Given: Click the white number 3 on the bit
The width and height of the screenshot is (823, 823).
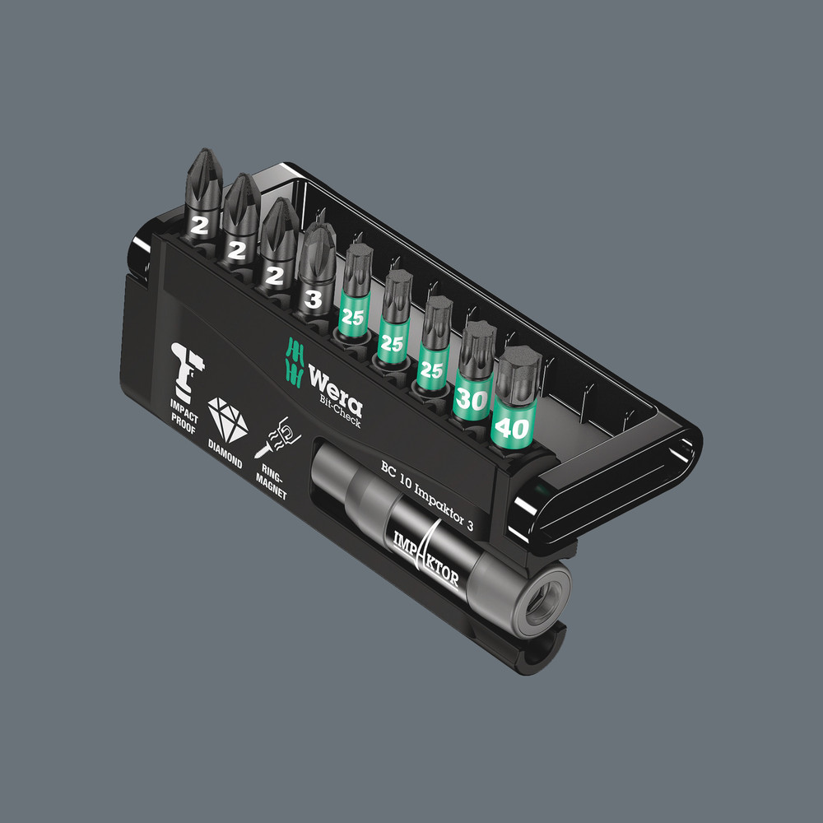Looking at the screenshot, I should click(x=313, y=299).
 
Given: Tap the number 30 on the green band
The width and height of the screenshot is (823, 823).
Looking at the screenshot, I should click(x=471, y=399).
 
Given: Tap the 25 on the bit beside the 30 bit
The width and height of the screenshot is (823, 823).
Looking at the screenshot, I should click(x=431, y=370).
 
